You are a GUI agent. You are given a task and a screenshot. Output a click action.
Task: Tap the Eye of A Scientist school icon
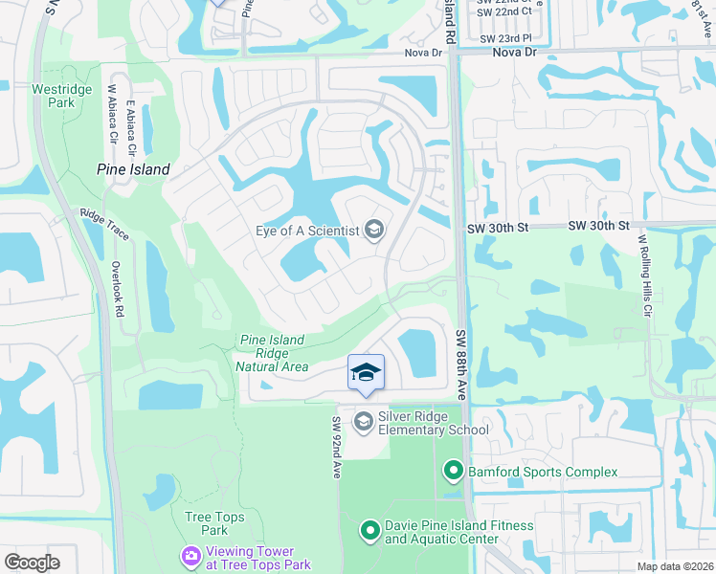(x=374, y=229)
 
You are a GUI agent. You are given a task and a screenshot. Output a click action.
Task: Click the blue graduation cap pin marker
(x=366, y=373)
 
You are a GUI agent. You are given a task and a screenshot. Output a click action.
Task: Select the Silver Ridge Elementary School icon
(x=364, y=421)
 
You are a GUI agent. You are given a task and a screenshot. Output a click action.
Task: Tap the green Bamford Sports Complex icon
(x=453, y=471)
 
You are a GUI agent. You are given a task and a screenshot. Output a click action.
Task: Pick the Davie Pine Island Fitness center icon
(x=370, y=530)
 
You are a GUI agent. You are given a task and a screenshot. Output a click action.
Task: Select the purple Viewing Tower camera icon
(x=191, y=555)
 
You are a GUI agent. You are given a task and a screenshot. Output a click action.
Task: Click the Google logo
(x=32, y=563)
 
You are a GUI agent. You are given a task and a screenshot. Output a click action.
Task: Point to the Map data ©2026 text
(x=676, y=566)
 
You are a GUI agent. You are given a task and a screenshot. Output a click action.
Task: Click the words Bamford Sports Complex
(x=543, y=471)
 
